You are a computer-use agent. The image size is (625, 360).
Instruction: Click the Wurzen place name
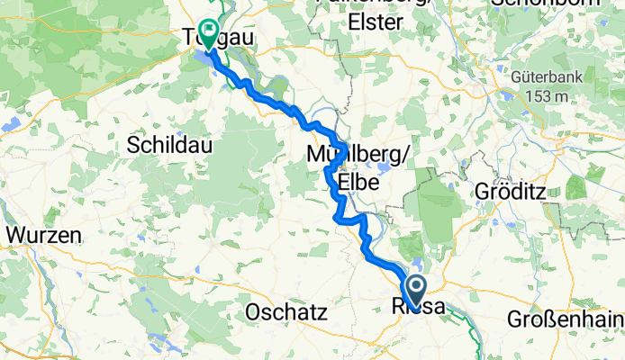pyautogui.click(x=44, y=236)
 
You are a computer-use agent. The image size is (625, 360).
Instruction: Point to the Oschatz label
pyautogui.click(x=285, y=312)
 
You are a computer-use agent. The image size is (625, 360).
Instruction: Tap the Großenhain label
pyautogui.click(x=566, y=319)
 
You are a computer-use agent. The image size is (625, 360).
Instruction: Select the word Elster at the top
pyautogui.click(x=372, y=22)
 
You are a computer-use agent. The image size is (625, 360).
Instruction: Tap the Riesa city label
pyautogui.click(x=418, y=308)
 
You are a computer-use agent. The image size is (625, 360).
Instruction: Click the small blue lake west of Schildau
pyautogui.click(x=13, y=124)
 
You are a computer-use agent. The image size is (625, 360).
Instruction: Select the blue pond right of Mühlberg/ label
pyautogui.click(x=385, y=167)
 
